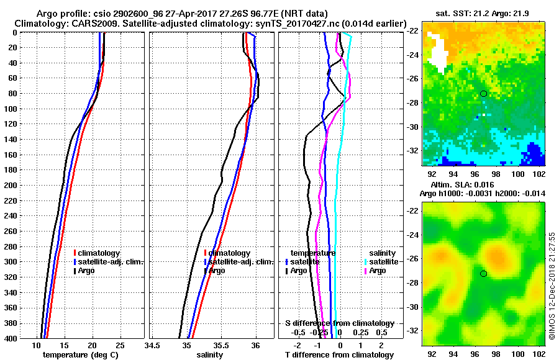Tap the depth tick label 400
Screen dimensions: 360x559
[x=10, y=338]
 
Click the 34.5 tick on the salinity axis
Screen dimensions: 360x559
[x=153, y=345]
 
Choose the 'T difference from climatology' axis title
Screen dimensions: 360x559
[x=339, y=355]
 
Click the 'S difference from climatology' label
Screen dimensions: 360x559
[x=339, y=323]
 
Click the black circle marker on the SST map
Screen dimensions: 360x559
[x=483, y=94]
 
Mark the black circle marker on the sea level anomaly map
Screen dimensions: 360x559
[x=483, y=274]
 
